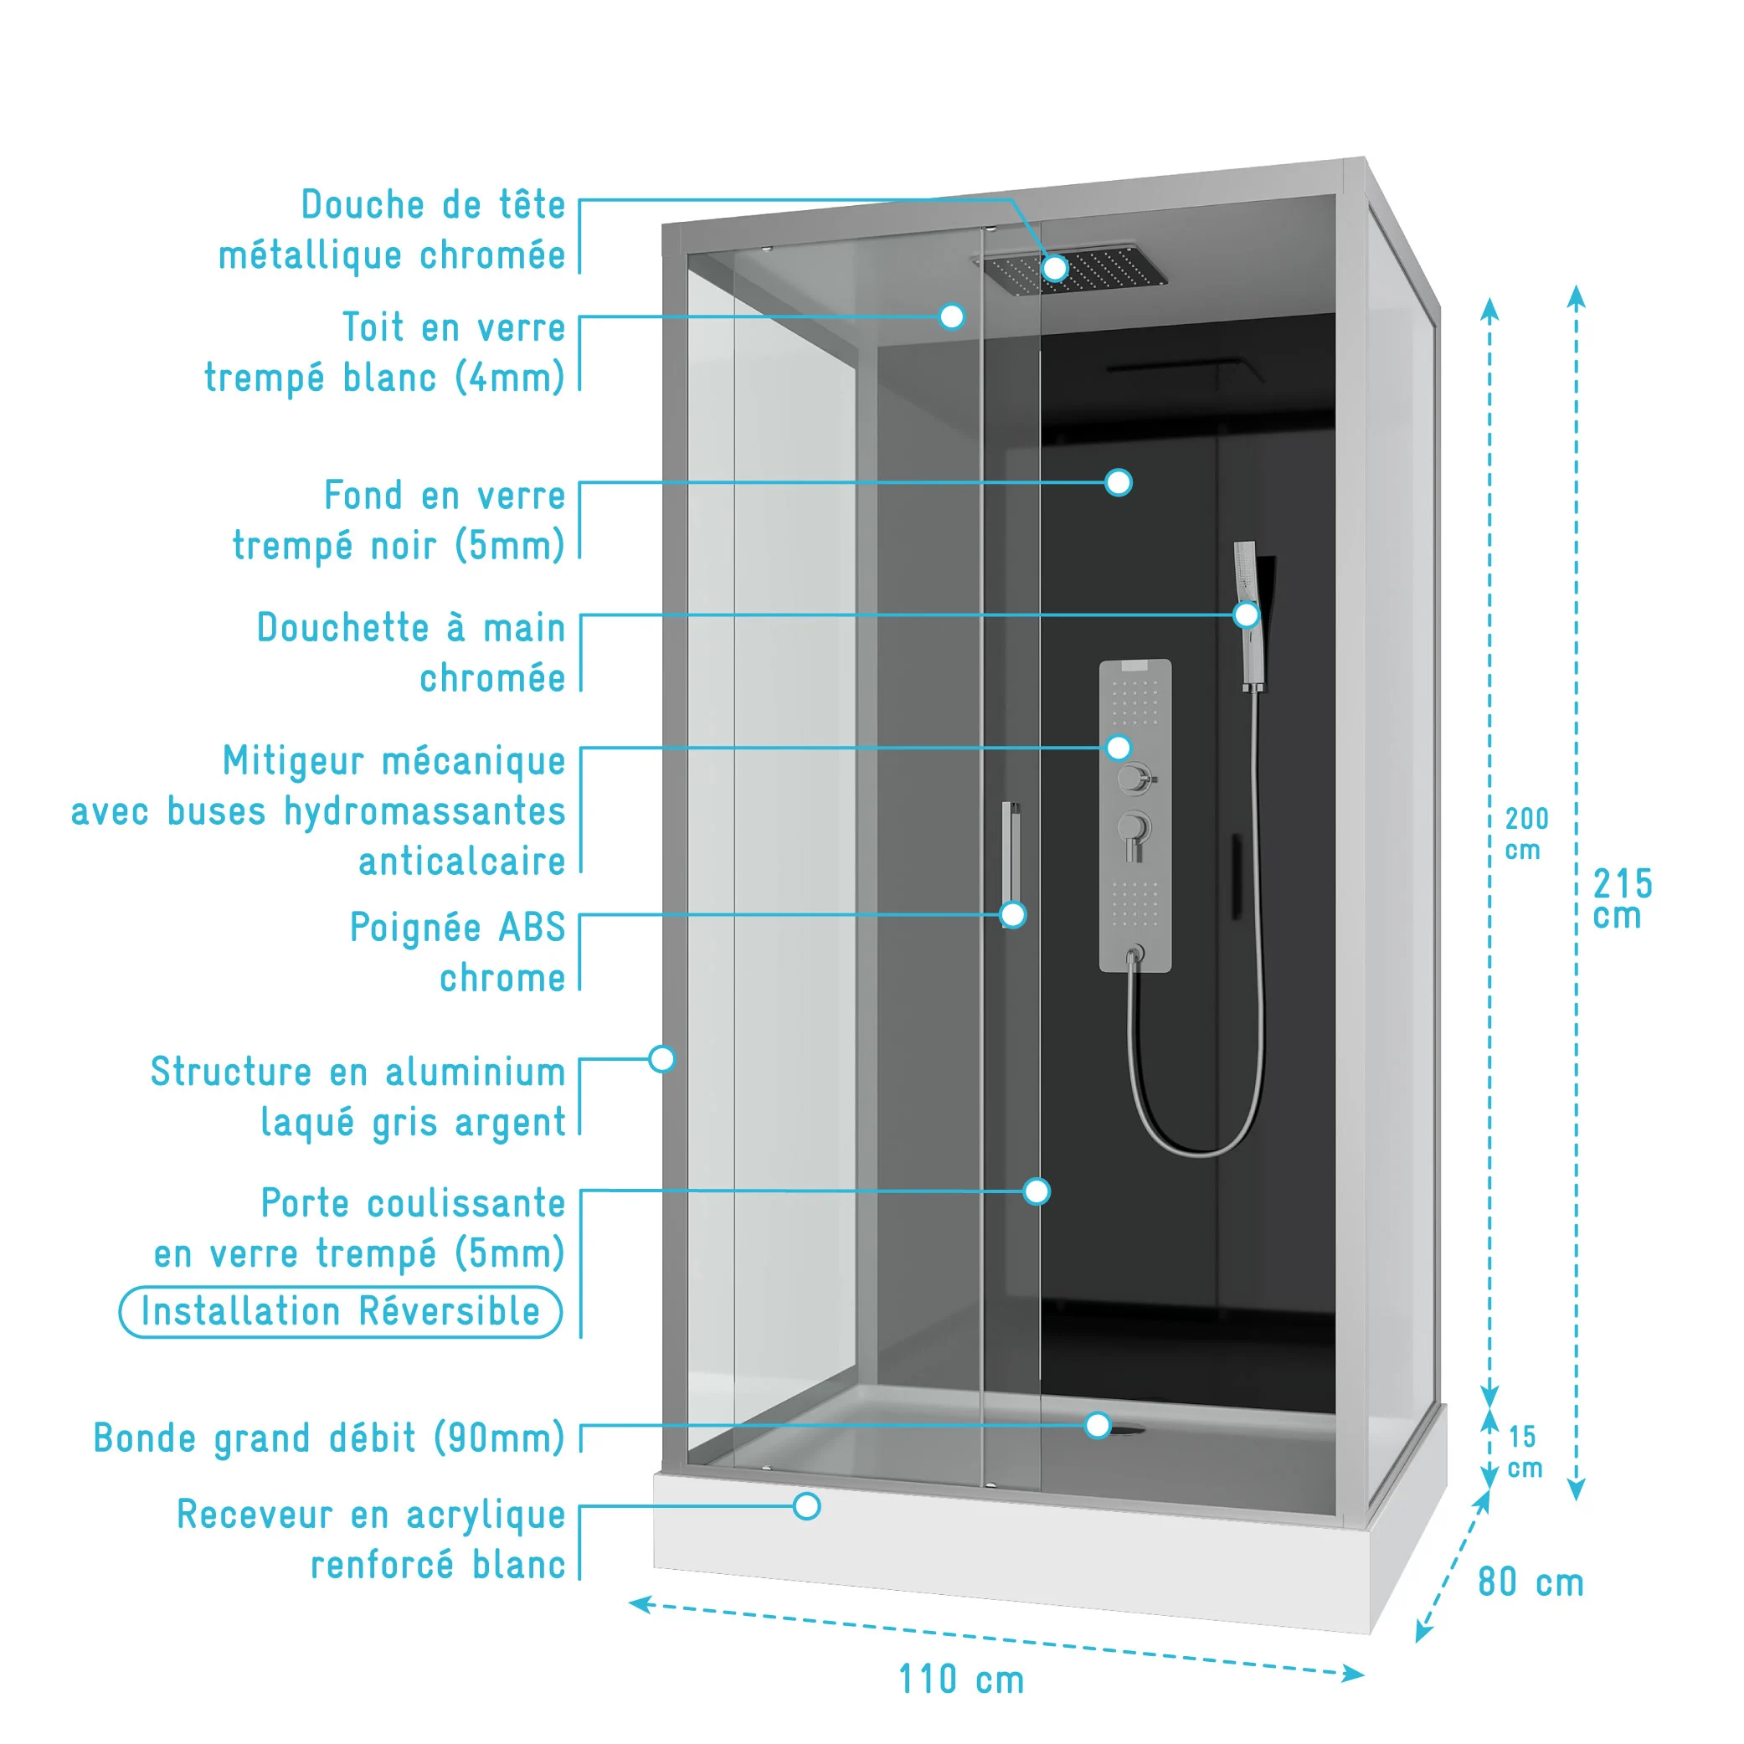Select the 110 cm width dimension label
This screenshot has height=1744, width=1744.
click(961, 1680)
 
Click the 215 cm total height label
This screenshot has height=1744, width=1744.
click(1622, 898)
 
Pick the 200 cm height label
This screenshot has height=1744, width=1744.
click(1526, 833)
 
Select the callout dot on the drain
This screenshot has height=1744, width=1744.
click(1098, 1425)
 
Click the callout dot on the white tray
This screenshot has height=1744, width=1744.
click(807, 1505)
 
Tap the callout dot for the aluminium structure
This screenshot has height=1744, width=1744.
click(661, 1059)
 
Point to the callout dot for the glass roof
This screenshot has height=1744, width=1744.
click(951, 316)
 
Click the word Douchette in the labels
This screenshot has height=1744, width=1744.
click(342, 627)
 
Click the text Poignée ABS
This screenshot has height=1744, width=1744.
click(457, 927)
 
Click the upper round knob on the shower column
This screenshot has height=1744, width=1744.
click(1134, 778)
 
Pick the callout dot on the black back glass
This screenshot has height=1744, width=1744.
click(1119, 483)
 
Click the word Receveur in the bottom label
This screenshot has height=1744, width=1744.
click(255, 1515)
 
